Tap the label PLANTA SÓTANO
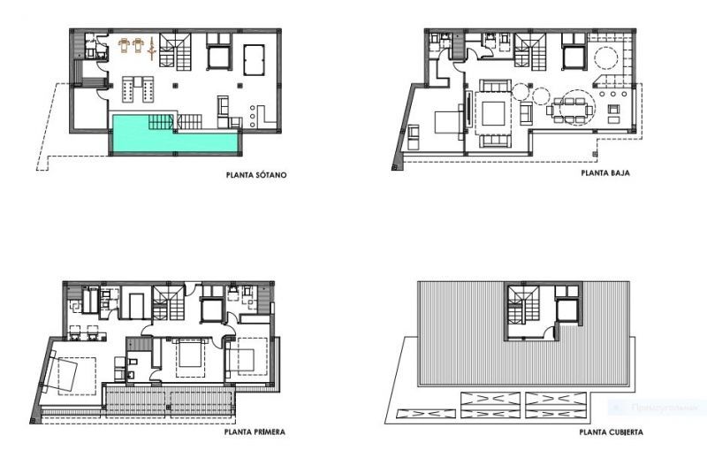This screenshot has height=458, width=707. (255, 174)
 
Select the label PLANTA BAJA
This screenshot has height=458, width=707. (611, 174)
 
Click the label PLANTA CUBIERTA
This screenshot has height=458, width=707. (611, 433)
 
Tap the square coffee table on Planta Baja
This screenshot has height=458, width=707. (492, 113)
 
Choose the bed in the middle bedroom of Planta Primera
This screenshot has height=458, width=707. (189, 359)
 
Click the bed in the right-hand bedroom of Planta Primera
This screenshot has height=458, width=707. (245, 361)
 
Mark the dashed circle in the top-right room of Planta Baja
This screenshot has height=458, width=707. (605, 58)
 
